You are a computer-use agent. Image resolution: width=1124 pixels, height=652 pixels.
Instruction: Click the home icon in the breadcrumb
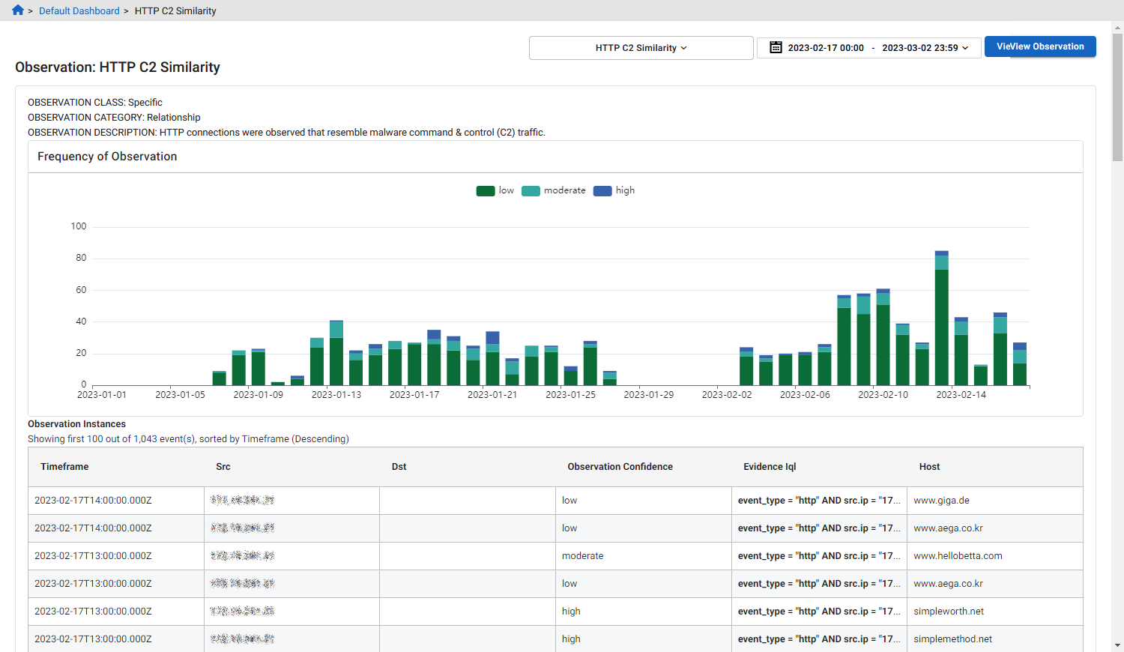[18, 10]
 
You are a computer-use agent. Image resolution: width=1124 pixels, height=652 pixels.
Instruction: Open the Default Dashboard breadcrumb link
[79, 11]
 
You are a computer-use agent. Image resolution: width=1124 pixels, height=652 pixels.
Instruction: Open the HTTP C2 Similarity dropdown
[641, 48]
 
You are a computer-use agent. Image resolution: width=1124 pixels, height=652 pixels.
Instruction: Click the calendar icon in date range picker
[776, 47]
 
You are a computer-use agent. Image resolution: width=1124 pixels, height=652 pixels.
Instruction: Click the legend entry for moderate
[554, 190]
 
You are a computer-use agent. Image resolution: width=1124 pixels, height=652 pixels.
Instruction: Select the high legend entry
[614, 190]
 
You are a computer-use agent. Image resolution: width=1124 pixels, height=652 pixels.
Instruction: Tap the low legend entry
[495, 190]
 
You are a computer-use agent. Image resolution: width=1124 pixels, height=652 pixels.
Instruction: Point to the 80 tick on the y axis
[81, 258]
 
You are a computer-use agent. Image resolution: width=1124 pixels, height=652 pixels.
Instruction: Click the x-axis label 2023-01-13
[336, 395]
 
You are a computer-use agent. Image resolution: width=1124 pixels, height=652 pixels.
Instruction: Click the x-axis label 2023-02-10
[883, 395]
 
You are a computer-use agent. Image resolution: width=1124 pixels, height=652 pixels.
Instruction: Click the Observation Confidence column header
[620, 467]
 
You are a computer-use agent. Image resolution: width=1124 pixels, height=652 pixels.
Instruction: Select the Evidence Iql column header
[770, 467]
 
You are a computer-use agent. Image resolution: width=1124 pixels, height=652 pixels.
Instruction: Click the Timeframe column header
[64, 467]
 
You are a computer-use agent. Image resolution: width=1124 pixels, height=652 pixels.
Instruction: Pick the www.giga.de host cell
[941, 501]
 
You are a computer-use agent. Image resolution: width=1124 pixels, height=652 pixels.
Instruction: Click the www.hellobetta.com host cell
[958, 556]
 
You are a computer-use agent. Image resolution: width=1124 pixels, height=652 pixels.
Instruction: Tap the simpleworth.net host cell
[948, 612]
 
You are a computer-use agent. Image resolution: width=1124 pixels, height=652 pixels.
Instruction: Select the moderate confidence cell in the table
[582, 556]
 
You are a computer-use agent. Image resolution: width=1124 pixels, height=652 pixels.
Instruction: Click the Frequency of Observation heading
[107, 157]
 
